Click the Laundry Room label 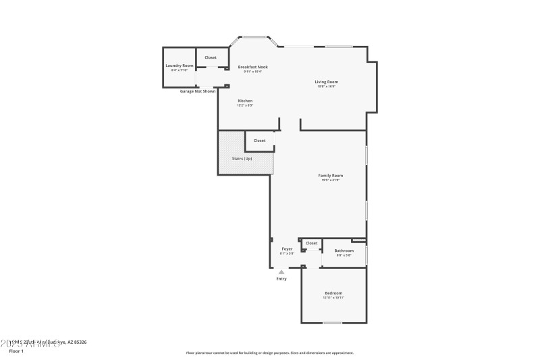180,66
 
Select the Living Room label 327,82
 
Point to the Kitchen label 244,101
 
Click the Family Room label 331,175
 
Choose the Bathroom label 344,251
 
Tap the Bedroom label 333,292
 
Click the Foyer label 287,249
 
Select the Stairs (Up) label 242,159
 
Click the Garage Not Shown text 198,91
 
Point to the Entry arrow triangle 281,272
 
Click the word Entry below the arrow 281,279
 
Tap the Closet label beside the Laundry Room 211,57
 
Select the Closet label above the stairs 259,140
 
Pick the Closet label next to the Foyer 311,243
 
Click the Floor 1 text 16,351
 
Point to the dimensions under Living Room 327,86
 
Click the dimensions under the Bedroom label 333,297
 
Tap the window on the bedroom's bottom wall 332,323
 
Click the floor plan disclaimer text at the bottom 269,353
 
